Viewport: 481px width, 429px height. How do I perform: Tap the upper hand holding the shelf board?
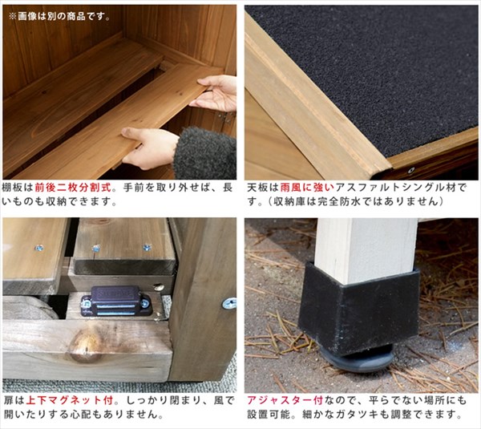click(215, 93)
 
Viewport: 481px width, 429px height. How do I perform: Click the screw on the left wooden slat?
click(38, 248)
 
